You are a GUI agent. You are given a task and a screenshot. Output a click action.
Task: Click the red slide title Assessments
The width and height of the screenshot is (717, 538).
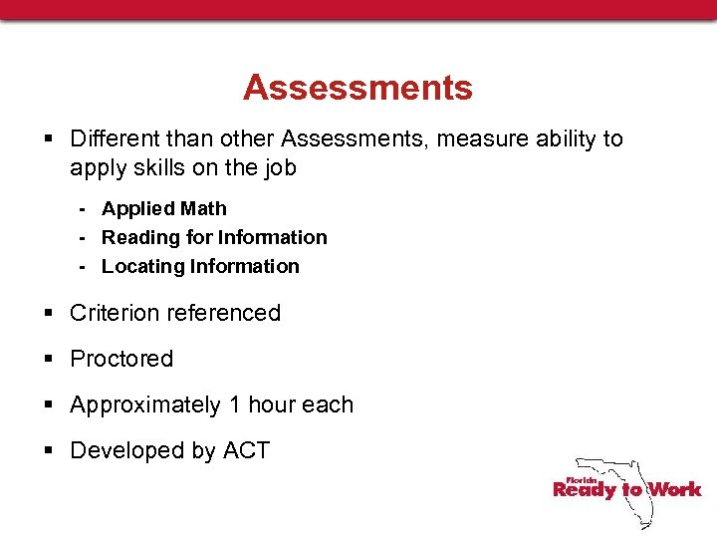358,88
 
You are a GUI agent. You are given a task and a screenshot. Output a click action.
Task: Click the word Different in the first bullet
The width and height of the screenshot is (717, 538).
111,138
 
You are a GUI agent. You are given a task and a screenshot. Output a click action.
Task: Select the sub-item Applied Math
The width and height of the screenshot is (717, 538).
164,208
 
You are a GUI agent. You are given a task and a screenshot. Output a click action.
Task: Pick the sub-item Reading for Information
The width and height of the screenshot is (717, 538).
214,237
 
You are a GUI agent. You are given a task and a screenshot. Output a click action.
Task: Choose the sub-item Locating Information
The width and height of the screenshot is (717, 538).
200,266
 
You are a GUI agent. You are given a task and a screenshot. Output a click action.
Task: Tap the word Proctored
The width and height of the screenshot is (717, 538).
121,359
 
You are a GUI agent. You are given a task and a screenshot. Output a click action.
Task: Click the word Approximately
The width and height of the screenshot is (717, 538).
145,404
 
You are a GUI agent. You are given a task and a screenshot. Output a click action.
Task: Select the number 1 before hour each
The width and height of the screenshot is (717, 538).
235,404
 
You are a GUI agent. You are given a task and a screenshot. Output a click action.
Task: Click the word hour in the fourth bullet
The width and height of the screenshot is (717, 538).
272,404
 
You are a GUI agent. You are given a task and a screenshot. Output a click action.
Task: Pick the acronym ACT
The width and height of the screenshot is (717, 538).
246,450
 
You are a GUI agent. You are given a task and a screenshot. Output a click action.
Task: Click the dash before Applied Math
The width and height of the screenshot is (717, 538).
86,209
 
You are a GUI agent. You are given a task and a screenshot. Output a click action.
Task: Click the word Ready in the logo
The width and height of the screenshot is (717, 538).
586,489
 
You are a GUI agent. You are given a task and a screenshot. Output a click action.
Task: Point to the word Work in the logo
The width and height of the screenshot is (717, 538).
674,489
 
